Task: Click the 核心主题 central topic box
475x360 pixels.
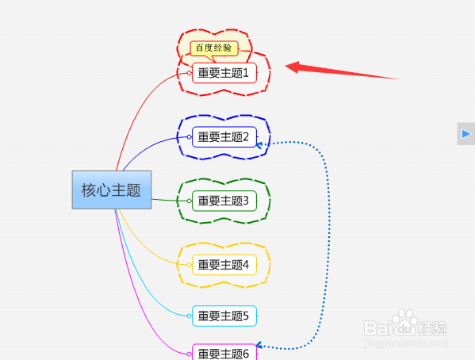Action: [112, 190]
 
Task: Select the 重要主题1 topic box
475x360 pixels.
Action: [224, 73]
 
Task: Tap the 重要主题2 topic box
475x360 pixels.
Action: [224, 137]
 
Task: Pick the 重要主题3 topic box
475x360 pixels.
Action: [224, 201]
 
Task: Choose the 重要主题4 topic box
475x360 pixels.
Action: [224, 265]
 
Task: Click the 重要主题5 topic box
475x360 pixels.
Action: [224, 316]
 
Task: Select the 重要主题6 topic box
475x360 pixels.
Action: [224, 352]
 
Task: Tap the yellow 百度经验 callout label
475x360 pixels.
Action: [214, 48]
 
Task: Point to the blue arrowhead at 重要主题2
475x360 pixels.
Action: [259, 145]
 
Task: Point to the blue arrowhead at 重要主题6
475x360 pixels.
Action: [259, 345]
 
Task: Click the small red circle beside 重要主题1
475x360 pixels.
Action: [189, 73]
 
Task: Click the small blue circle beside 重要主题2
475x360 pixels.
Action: [189, 137]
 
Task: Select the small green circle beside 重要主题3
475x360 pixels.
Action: [189, 201]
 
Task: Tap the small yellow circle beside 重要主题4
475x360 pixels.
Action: [189, 265]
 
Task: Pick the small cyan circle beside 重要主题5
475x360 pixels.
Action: [189, 316]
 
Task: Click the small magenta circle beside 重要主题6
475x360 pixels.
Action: [189, 354]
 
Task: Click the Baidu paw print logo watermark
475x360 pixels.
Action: [405, 322]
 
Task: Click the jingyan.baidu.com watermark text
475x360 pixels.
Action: [406, 343]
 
